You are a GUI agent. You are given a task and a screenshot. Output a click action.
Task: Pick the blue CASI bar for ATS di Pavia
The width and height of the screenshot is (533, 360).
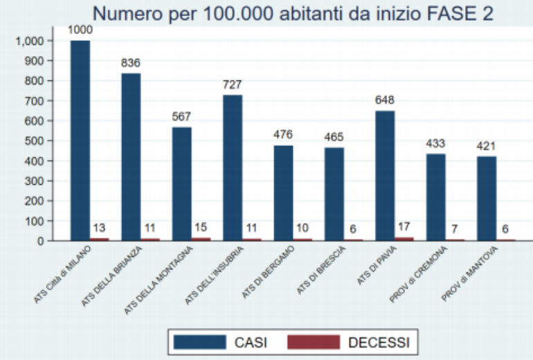(x=385, y=176)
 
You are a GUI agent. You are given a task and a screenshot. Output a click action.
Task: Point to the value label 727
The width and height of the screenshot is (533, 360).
(x=233, y=85)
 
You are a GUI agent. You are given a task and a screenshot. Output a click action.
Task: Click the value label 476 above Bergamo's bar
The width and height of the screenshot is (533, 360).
(x=283, y=136)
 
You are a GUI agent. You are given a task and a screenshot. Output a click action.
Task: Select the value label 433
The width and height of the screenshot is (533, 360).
(x=435, y=144)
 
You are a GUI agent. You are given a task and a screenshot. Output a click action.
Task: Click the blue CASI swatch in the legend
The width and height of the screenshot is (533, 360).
(x=200, y=341)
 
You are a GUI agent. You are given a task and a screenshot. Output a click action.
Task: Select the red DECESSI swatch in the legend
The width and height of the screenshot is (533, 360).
(x=314, y=341)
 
